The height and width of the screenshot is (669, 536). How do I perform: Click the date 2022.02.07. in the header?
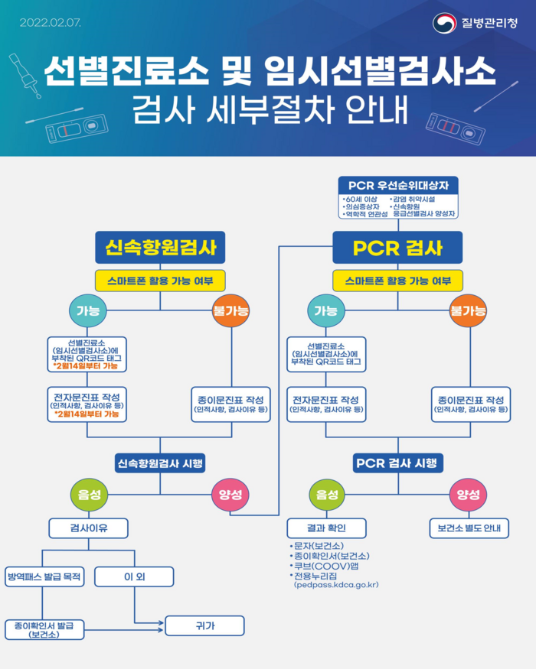[x=50, y=23]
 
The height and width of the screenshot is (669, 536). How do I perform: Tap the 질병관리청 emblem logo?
[x=444, y=23]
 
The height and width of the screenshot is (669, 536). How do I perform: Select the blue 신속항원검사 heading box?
[x=160, y=248]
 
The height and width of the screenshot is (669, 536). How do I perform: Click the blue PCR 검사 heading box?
[x=397, y=248]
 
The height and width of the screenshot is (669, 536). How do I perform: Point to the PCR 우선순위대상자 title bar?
[x=398, y=186]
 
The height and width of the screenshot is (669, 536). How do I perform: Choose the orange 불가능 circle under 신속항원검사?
[x=230, y=310]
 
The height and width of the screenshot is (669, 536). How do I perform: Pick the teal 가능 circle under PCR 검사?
[x=326, y=310]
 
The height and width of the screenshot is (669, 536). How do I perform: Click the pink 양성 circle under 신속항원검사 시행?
[x=230, y=495]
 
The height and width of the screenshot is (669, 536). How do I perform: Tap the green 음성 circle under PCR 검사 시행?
[x=326, y=495]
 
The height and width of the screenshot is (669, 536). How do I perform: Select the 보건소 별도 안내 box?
[x=469, y=528]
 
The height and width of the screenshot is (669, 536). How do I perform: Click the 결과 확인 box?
[x=326, y=528]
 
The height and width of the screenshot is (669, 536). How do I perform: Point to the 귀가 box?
[x=204, y=626]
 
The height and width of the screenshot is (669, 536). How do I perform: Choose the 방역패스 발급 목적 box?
[x=44, y=576]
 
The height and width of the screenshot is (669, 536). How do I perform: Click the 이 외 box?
[x=134, y=576]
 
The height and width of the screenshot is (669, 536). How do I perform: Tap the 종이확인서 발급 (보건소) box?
[x=44, y=630]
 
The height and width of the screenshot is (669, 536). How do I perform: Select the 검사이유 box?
[x=89, y=528]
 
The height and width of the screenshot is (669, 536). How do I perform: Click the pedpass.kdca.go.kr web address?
[x=336, y=585]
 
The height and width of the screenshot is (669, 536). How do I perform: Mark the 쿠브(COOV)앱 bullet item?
[x=325, y=567]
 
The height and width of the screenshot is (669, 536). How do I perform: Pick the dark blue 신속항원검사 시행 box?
[x=160, y=463]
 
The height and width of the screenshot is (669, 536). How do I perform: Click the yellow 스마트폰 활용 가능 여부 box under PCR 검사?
[x=398, y=281]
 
